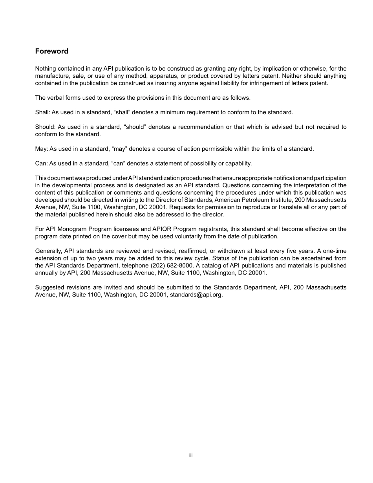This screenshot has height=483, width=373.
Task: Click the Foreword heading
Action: click(x=52, y=51)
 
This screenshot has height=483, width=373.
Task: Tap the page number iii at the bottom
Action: click(x=190, y=456)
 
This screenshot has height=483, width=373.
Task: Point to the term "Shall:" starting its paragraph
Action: click(x=42, y=112)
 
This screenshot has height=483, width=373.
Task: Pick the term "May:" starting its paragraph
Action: click(x=41, y=149)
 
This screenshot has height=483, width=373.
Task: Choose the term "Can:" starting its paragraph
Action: click(x=41, y=163)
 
